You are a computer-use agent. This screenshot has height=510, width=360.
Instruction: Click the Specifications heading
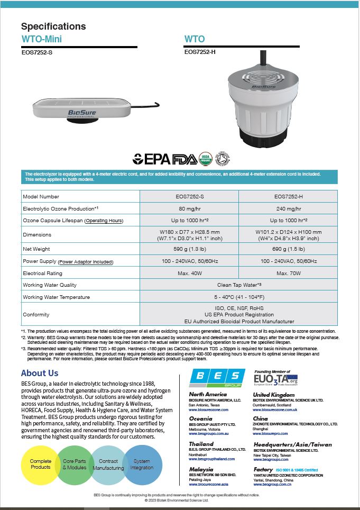[53, 26]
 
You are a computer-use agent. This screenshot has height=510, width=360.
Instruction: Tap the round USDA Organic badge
[206, 158]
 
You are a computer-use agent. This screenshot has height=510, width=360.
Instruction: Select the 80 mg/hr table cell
[189, 208]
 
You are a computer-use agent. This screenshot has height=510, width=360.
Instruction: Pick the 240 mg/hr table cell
[289, 208]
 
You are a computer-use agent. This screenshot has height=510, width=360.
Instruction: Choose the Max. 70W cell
[289, 273]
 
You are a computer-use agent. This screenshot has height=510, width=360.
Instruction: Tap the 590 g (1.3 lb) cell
[189, 248]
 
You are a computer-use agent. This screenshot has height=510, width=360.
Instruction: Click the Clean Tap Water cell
[239, 285]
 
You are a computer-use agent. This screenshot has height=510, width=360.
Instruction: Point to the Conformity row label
[36, 315]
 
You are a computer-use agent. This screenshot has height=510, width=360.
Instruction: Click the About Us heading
[40, 373]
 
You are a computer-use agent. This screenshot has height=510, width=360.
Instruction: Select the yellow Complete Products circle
[41, 465]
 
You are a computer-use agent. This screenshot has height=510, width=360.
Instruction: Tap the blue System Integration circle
[142, 465]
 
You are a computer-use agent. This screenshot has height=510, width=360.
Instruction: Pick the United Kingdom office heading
[273, 395]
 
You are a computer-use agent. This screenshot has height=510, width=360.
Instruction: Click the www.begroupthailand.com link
[211, 459]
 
